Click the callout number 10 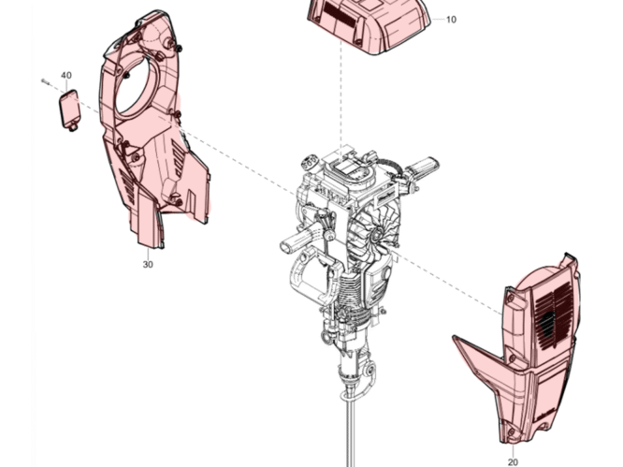(451, 20)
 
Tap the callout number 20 (513, 461)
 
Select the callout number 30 (148, 264)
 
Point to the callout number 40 (66, 75)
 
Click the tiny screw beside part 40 (45, 81)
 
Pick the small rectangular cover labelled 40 (70, 109)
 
